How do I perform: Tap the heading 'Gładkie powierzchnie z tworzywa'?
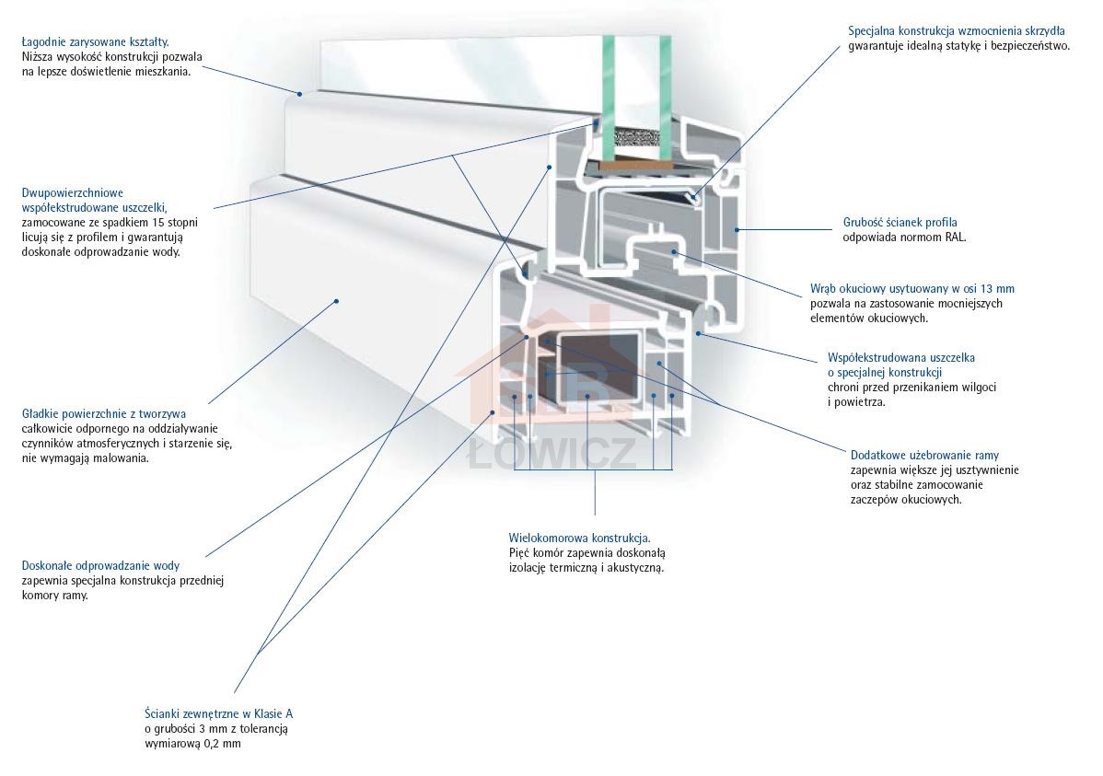tap(104, 414)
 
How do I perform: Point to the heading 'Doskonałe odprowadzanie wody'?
tap(100, 565)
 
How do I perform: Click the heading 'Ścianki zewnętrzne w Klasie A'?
tap(218, 713)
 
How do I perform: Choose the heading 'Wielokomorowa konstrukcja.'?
tap(579, 538)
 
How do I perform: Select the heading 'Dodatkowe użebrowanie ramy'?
tap(924, 455)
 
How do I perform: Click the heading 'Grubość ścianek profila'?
tap(900, 222)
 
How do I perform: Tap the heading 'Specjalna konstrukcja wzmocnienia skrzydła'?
tap(956, 30)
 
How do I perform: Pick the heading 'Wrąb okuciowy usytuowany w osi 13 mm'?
tap(911, 288)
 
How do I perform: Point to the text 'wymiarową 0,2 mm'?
tap(192, 743)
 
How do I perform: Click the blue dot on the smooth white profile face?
tap(337, 300)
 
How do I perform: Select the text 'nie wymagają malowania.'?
tap(84, 458)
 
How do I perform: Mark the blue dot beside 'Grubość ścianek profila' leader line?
tap(736, 228)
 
